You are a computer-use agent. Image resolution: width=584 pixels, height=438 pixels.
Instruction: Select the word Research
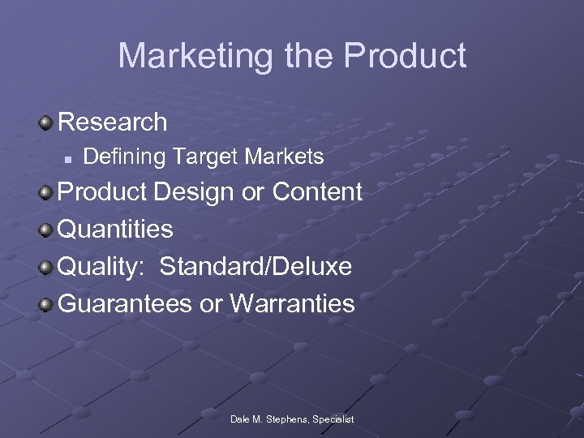coord(113,122)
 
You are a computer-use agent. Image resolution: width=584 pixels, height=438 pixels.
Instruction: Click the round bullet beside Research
coord(47,122)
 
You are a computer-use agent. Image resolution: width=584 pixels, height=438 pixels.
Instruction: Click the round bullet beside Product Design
coord(47,193)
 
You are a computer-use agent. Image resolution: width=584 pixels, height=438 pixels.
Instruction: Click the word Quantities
coord(116,230)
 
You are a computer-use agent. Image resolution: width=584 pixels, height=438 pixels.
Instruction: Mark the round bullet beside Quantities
coord(47,230)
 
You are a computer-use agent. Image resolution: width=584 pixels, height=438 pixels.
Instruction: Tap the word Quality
coord(100,267)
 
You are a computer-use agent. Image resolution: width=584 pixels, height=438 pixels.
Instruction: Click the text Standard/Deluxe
coord(255,267)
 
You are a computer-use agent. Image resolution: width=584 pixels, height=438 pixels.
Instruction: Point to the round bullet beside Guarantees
coord(47,304)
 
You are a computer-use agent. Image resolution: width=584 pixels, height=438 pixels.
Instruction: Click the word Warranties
coord(292,304)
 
